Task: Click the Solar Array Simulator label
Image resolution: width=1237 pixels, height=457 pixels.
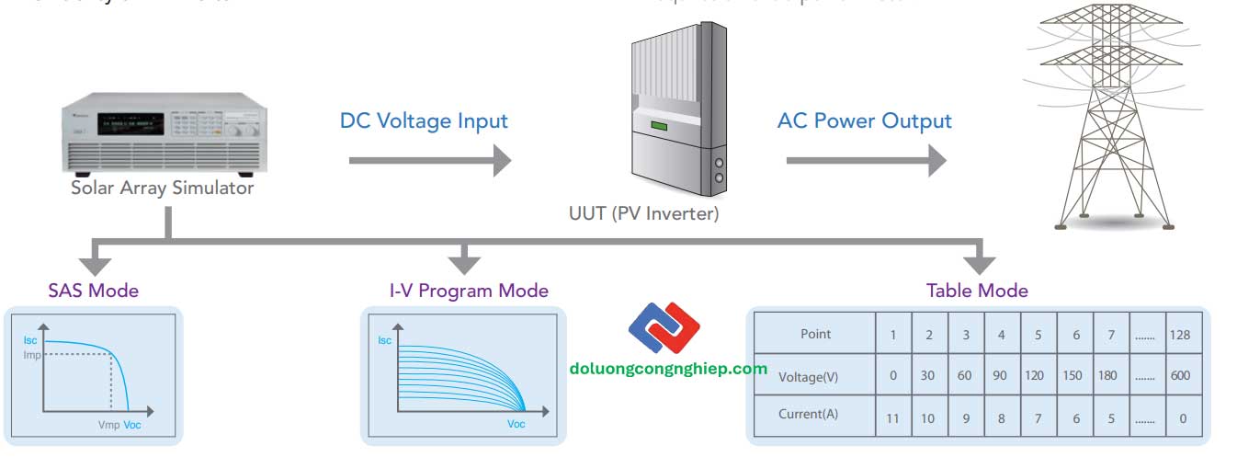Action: (x=162, y=189)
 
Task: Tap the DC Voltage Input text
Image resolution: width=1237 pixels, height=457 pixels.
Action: (x=424, y=121)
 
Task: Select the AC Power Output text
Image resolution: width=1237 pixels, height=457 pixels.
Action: (x=864, y=121)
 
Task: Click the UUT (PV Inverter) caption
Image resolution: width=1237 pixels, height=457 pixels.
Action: (x=643, y=214)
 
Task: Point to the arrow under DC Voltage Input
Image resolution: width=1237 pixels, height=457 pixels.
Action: (x=429, y=161)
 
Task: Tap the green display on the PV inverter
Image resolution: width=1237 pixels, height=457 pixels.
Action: (x=659, y=126)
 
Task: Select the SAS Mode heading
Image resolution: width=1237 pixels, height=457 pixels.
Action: (x=93, y=291)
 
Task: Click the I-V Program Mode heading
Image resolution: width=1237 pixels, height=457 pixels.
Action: (x=468, y=291)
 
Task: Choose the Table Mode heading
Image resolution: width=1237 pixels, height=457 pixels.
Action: (x=976, y=291)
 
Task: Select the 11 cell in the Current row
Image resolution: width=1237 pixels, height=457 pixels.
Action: (x=892, y=418)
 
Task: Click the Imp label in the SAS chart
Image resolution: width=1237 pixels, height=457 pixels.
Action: (x=32, y=355)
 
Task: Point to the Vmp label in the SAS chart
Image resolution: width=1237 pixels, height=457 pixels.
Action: (x=108, y=426)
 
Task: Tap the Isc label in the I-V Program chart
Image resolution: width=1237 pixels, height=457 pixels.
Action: (x=385, y=340)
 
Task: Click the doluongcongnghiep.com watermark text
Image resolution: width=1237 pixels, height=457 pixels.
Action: (x=668, y=369)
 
